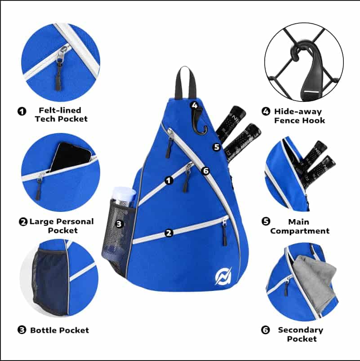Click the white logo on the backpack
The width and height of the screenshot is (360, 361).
[x=223, y=276]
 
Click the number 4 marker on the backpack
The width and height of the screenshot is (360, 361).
[x=195, y=106]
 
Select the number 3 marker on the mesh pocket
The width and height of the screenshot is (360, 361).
[x=119, y=224]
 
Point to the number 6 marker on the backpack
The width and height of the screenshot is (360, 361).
[x=205, y=171]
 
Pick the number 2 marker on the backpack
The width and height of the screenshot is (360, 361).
[x=169, y=233]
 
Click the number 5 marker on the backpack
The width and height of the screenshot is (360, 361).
[x=217, y=147]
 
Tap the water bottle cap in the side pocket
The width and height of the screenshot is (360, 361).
[x=124, y=193]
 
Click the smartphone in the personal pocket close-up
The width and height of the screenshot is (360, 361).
[x=70, y=158]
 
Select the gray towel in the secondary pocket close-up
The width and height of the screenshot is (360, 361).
[x=313, y=284]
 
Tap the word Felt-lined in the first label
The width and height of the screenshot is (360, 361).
[x=60, y=110]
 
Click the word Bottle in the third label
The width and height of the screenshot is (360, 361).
[x=43, y=330]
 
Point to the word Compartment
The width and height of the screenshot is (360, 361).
[x=300, y=231]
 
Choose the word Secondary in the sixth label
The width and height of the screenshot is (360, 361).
[x=301, y=330]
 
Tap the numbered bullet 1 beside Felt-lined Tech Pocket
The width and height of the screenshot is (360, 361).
[x=22, y=111]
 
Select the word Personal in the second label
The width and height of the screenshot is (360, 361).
[x=75, y=222]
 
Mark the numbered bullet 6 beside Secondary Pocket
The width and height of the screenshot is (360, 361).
[x=266, y=330]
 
